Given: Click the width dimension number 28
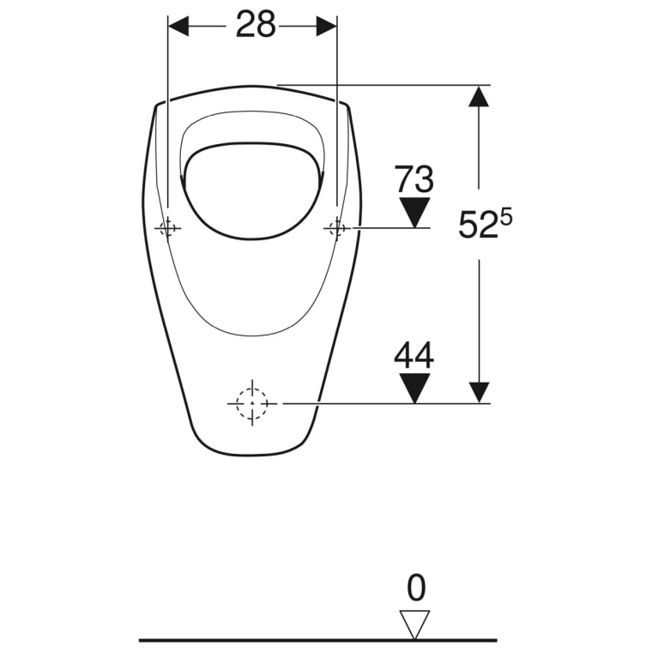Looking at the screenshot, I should pos(256,26).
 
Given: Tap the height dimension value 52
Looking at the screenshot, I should pos(474,226).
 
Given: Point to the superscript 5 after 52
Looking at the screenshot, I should pos(507,217).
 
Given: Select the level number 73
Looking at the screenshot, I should pos(414,180).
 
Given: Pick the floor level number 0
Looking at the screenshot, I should pos(416,589).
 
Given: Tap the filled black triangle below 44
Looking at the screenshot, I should pos(415,387).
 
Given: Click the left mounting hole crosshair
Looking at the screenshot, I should pos(167,228).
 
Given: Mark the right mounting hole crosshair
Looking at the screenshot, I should pos(336,228).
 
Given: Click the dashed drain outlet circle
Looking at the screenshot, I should pos(251,401).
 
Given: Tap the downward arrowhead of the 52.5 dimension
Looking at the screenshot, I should pos(479,391).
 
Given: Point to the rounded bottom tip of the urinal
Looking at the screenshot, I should pos(249,452).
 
